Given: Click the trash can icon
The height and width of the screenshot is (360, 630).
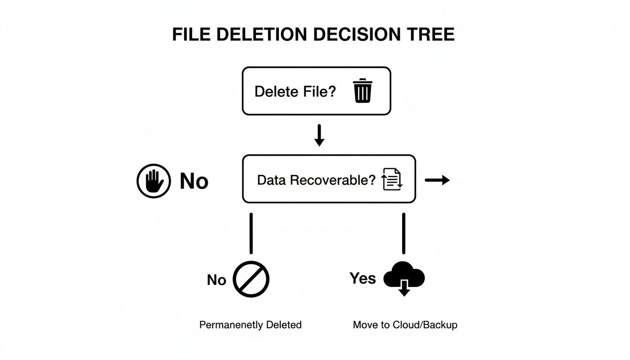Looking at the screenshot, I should pyautogui.click(x=362, y=90).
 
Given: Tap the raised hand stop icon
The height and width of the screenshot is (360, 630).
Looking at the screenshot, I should pyautogui.click(x=153, y=181).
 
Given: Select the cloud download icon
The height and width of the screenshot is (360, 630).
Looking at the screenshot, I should pyautogui.click(x=404, y=280).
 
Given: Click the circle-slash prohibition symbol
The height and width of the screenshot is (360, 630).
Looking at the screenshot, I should pyautogui.click(x=251, y=279).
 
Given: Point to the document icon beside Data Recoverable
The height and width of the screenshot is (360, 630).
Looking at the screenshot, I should pyautogui.click(x=392, y=180).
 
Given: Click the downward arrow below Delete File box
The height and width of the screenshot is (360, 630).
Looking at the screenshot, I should pyautogui.click(x=319, y=135).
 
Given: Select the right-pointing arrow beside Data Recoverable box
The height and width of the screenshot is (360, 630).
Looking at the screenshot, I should pyautogui.click(x=437, y=180).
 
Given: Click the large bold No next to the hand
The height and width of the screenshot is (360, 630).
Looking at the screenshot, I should pyautogui.click(x=194, y=181).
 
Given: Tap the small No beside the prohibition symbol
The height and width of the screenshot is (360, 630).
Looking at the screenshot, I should pyautogui.click(x=217, y=280).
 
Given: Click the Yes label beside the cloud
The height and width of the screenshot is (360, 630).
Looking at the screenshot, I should pyautogui.click(x=363, y=278).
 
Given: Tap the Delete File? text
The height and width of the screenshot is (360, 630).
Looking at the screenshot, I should pyautogui.click(x=295, y=91).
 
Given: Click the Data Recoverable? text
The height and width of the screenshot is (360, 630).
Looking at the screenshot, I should pyautogui.click(x=316, y=180).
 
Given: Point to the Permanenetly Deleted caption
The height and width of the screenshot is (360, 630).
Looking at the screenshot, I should pyautogui.click(x=250, y=325).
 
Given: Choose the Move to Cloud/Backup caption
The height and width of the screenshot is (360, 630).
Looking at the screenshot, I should pyautogui.click(x=405, y=325).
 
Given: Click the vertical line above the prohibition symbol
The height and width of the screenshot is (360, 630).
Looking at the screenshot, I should pyautogui.click(x=251, y=233).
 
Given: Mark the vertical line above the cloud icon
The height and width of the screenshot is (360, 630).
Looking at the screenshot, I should pyautogui.click(x=404, y=233).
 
